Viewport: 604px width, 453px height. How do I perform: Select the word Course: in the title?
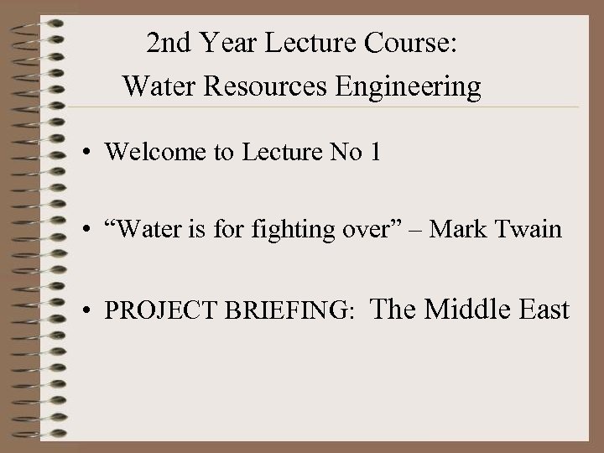coord(416,43)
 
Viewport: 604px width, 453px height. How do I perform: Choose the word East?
coord(545,310)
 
